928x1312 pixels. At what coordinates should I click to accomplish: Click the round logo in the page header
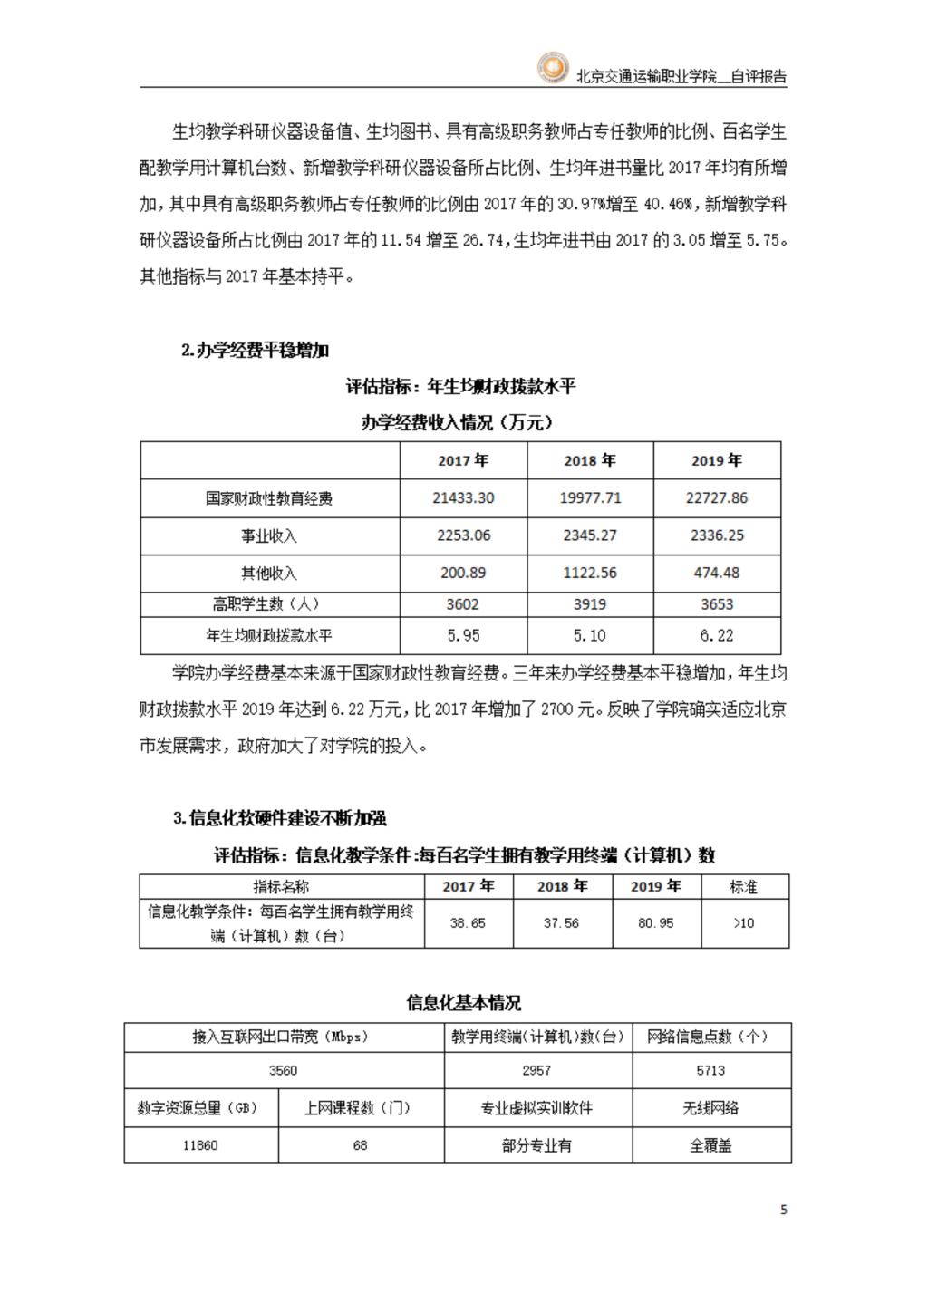[551, 69]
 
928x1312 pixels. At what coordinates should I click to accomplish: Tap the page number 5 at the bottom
[784, 1210]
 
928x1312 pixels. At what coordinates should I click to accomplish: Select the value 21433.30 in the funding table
[463, 498]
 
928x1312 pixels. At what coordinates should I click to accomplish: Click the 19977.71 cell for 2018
[590, 498]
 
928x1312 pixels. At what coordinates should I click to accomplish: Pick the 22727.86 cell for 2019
[717, 498]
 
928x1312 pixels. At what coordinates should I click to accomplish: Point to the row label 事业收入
[269, 536]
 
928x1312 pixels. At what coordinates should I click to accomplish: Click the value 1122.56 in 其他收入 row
[590, 573]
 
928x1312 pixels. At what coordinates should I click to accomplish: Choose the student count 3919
[590, 604]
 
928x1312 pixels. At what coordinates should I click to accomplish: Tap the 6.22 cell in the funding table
[717, 636]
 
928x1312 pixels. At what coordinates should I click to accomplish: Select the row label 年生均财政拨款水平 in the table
[269, 636]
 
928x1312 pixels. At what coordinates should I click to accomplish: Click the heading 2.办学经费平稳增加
[255, 351]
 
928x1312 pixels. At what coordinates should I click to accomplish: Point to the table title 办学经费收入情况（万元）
[458, 422]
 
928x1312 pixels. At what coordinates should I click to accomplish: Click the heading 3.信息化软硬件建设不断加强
[280, 818]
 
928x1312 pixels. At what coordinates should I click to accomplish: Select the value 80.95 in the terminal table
[655, 923]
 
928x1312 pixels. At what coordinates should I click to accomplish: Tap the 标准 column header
[743, 887]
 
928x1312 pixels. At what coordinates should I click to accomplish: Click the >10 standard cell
[743, 923]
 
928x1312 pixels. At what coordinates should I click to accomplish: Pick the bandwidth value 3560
[283, 1070]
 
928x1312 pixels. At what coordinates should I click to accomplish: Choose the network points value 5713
[710, 1070]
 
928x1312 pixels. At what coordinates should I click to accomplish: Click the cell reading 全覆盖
[710, 1145]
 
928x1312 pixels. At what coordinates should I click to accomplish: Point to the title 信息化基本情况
[463, 1003]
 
